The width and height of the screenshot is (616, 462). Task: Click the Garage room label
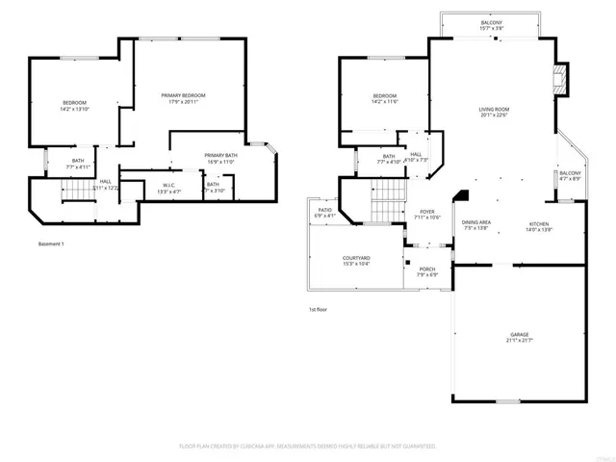click(519, 334)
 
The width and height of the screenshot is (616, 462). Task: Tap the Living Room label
click(494, 109)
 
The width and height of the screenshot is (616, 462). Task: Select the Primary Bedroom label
click(183, 95)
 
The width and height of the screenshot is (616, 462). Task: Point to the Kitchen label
click(538, 224)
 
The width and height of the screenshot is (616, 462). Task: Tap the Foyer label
click(426, 211)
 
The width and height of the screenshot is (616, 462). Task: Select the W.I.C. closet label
click(168, 185)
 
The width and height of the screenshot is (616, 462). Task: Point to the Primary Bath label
click(221, 155)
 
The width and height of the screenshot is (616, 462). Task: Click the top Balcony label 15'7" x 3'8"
click(492, 23)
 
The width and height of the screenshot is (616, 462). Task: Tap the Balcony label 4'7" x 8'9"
click(570, 173)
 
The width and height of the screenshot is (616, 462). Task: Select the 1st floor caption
click(320, 309)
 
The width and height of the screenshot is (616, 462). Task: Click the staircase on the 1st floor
click(386, 202)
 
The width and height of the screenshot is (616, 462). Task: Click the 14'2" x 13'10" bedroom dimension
click(74, 110)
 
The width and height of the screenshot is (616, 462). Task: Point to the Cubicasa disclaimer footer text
click(308, 447)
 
